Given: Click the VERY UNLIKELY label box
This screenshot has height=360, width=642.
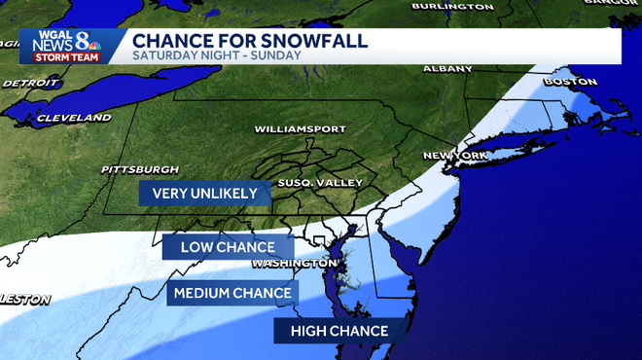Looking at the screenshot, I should click(205, 193).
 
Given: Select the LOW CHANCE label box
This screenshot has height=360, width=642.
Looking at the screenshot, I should click(229, 247).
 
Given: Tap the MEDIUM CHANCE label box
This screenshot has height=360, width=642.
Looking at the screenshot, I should click(232, 293).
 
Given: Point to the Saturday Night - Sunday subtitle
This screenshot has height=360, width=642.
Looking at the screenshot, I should click(216, 55).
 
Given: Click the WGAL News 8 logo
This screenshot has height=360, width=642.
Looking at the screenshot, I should click(64, 45).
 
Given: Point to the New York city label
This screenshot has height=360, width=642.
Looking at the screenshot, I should click(454, 156).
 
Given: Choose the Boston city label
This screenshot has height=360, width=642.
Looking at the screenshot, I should click(570, 82).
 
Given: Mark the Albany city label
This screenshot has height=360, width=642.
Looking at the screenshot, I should click(447, 69).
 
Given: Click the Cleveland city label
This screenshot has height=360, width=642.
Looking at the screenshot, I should click(73, 118).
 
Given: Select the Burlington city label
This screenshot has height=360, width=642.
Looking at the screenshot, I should click(452, 6).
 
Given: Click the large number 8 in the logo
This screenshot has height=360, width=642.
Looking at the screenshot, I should click(84, 42).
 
